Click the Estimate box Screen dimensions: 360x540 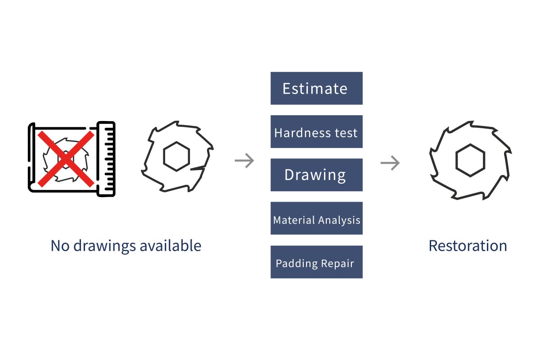click(316, 88)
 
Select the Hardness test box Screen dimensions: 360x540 click(316, 132)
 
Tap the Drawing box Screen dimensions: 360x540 click(316, 175)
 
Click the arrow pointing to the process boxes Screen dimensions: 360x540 click(244, 161)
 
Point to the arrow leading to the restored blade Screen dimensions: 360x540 click(390, 162)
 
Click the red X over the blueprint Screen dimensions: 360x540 click(66, 158)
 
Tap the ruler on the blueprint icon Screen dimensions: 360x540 click(106, 158)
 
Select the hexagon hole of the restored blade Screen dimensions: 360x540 click(470, 160)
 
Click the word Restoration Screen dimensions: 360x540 click(468, 246)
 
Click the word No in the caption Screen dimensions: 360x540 click(59, 246)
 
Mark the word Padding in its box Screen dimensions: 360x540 click(293, 263)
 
